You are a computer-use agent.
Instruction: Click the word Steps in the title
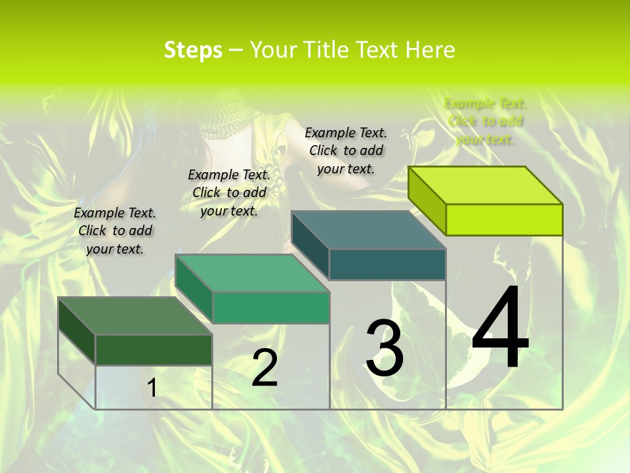[193, 50]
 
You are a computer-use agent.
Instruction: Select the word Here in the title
[430, 50]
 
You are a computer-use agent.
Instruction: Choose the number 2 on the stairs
[264, 368]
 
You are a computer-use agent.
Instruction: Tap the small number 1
[152, 388]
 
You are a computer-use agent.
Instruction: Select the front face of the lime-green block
[504, 219]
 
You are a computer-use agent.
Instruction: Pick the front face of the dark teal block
[387, 264]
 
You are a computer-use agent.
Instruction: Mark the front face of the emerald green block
[270, 307]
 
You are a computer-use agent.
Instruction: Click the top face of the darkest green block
[135, 315]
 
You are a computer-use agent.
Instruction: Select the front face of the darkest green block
[154, 349]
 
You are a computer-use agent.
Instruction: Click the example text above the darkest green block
[115, 231]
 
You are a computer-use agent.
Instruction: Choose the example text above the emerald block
[229, 192]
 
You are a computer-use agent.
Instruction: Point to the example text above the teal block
[346, 150]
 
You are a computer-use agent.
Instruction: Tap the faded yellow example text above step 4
[485, 121]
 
